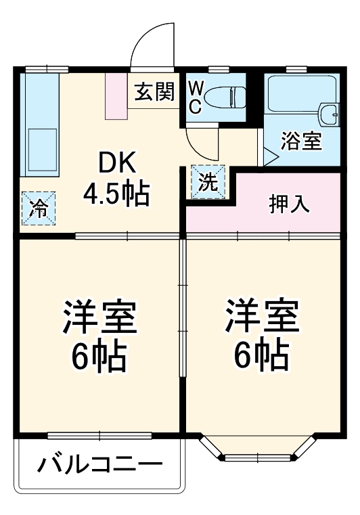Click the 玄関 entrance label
(x=154, y=91)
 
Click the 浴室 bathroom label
(x=301, y=142)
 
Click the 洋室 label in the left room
(x=99, y=318)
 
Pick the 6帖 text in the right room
(x=262, y=355)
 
